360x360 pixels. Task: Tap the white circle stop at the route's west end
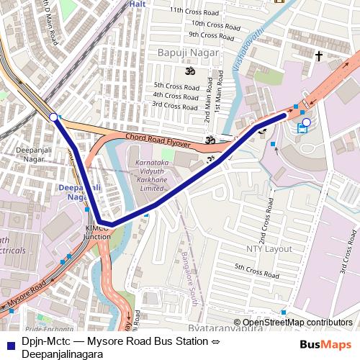click(x=53, y=116)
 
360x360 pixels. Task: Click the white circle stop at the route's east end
click(x=306, y=122)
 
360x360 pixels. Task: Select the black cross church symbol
click(x=319, y=55)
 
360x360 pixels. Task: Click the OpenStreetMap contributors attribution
click(x=297, y=323)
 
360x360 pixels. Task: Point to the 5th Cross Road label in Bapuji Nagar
click(x=176, y=86)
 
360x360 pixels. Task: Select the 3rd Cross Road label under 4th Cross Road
click(x=176, y=105)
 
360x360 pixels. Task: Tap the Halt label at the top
click(x=137, y=4)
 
